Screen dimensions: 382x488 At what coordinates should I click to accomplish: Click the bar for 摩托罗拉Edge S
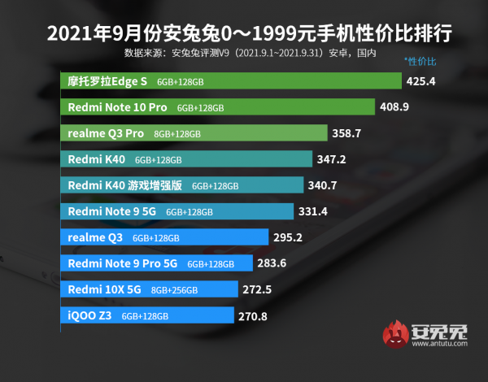tap(232, 81)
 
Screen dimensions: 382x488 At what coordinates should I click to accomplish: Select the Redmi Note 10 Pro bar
tap(218, 107)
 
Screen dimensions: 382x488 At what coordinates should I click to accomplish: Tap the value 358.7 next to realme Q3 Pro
tap(346, 133)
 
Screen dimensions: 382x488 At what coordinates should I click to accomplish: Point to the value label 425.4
tap(422, 81)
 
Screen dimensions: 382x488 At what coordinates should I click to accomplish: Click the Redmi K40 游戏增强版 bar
tap(183, 185)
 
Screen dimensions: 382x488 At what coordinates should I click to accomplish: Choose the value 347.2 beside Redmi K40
tap(331, 159)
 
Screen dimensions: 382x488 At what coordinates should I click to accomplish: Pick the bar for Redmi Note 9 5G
tap(177, 211)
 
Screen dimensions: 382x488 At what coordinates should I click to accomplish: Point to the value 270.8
tap(254, 315)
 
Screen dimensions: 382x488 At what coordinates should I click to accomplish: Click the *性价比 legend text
tap(420, 61)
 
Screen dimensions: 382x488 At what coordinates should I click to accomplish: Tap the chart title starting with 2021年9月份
tap(244, 36)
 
